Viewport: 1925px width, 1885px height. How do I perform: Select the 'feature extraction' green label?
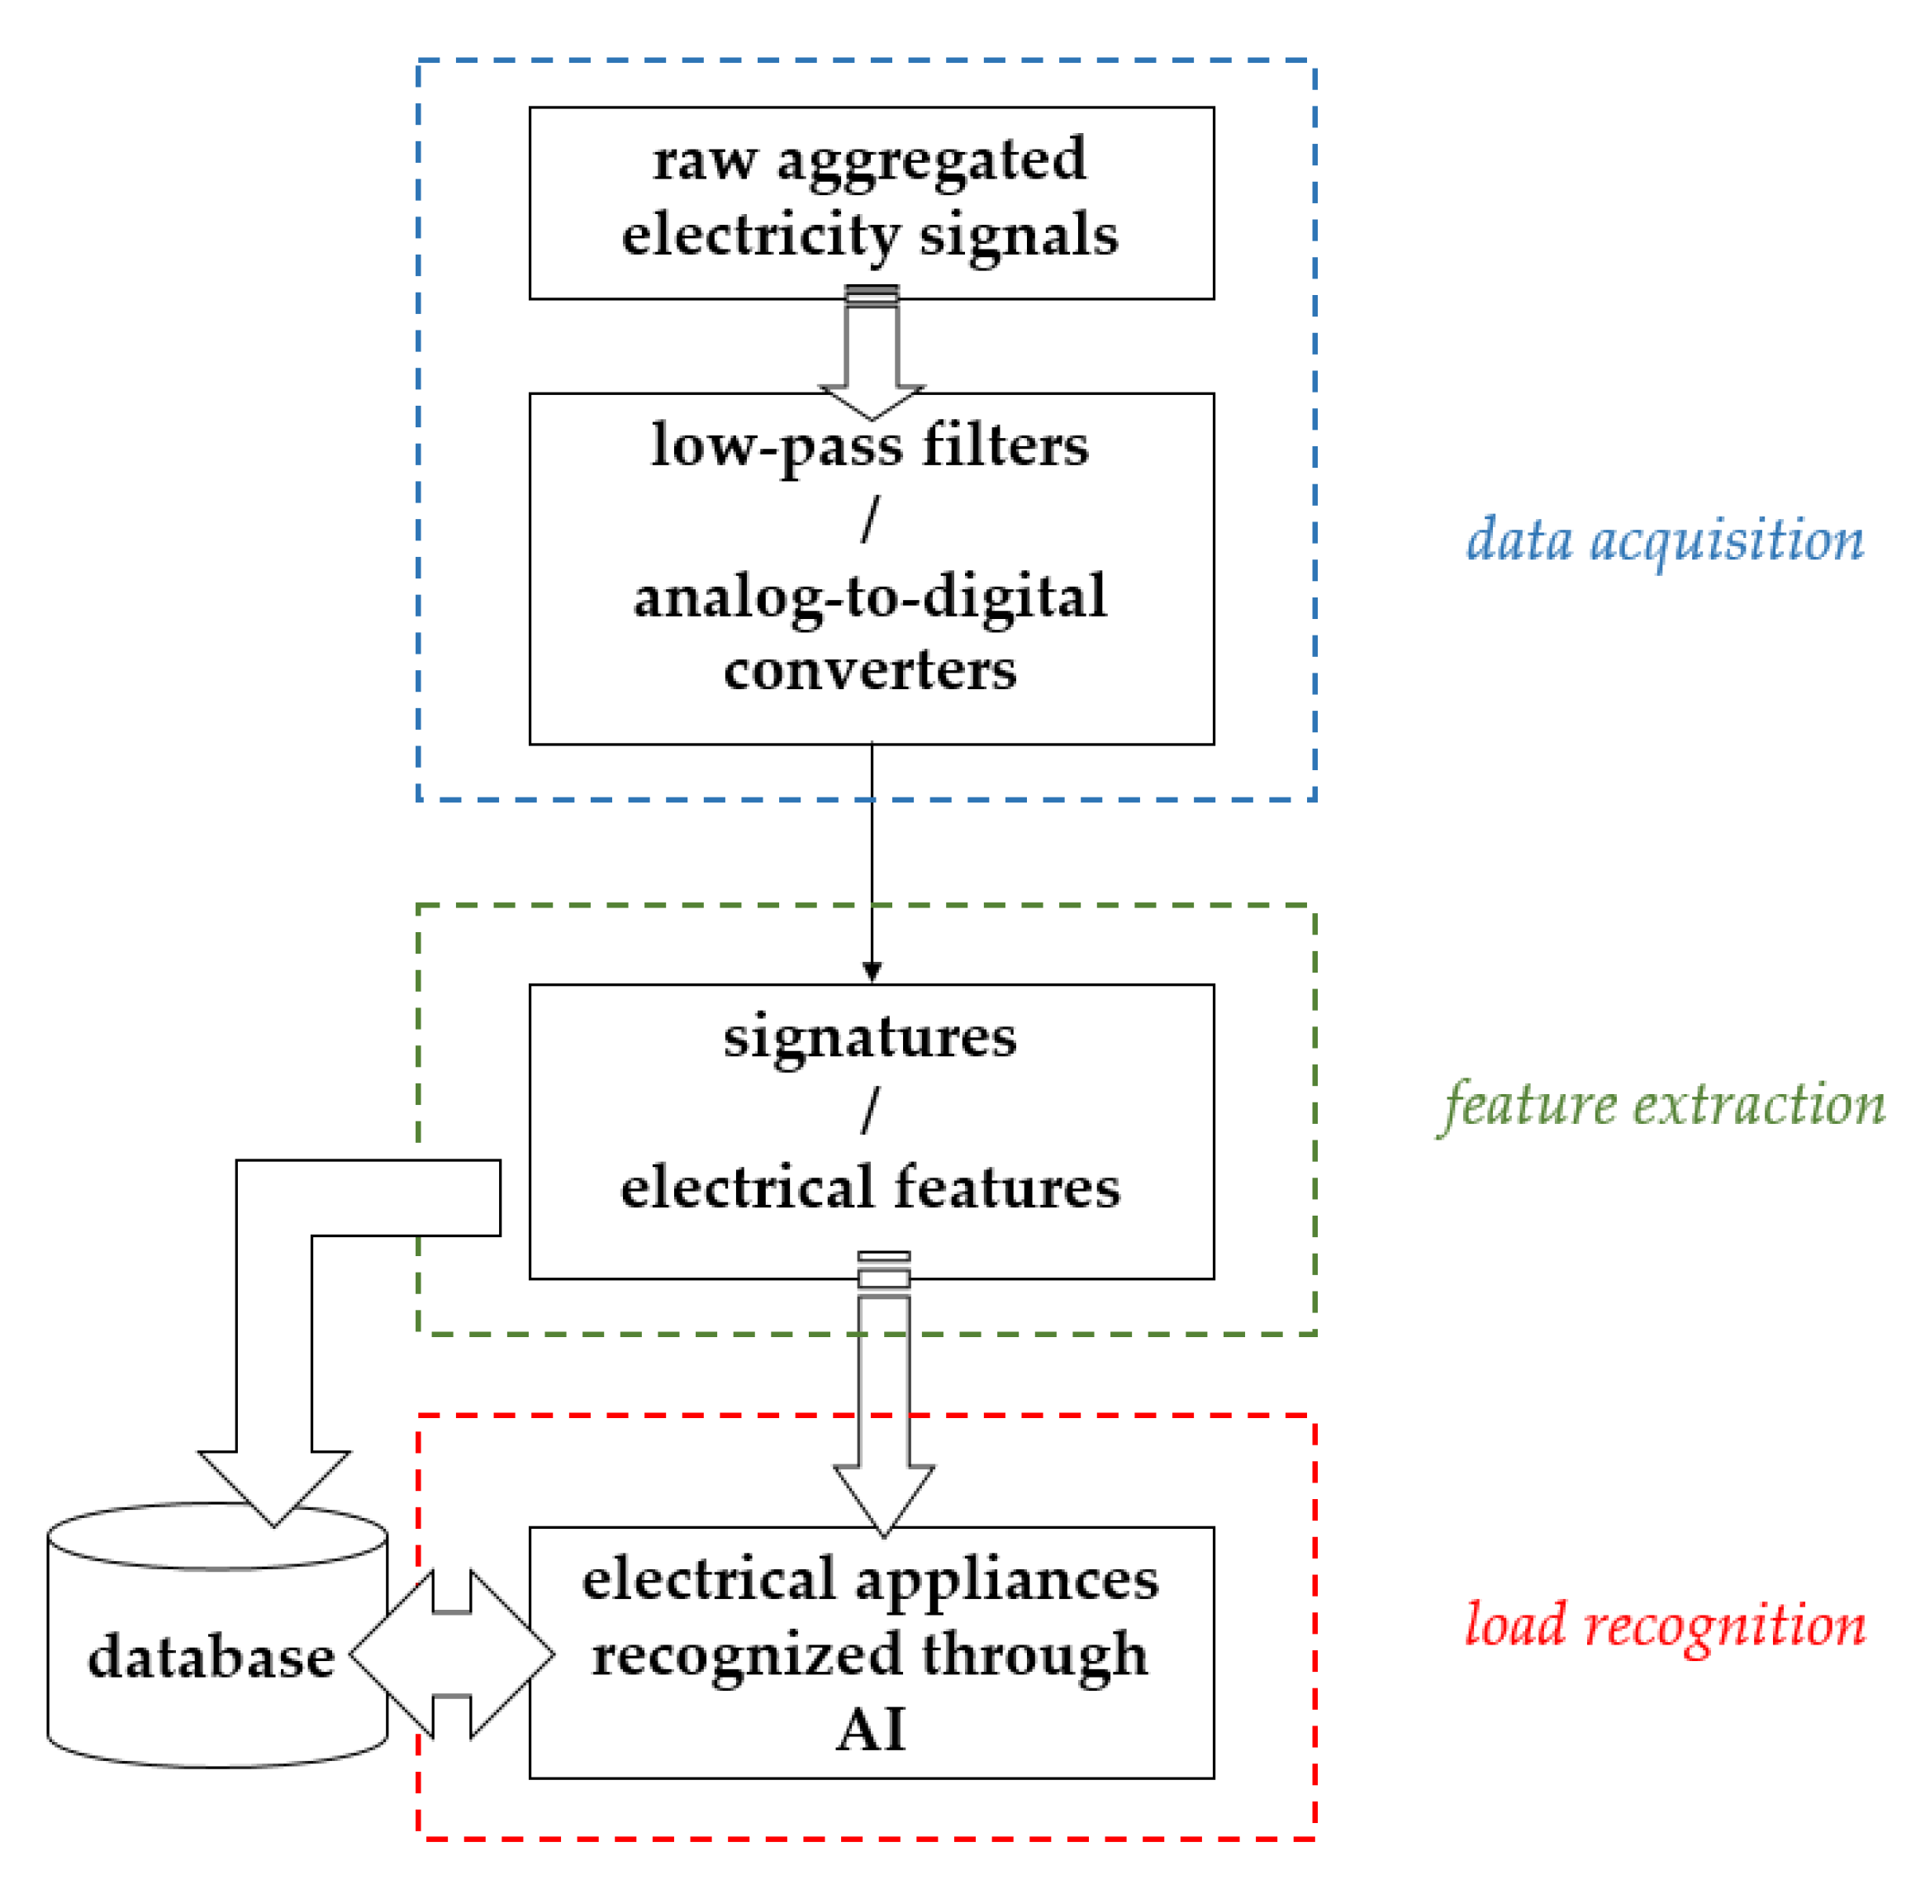point(1663,1105)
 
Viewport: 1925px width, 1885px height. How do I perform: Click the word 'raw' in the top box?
point(704,160)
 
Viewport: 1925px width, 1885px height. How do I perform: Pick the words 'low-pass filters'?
point(869,445)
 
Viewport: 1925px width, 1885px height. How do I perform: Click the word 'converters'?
point(869,670)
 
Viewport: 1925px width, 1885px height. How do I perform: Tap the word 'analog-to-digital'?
point(869,597)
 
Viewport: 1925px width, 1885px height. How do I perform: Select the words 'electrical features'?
point(869,1187)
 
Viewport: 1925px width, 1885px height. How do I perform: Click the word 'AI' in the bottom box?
point(869,1730)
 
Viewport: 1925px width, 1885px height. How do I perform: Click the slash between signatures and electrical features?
point(869,1111)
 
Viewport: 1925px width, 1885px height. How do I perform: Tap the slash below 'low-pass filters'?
point(869,520)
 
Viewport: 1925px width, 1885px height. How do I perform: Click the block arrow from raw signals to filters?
point(871,356)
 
